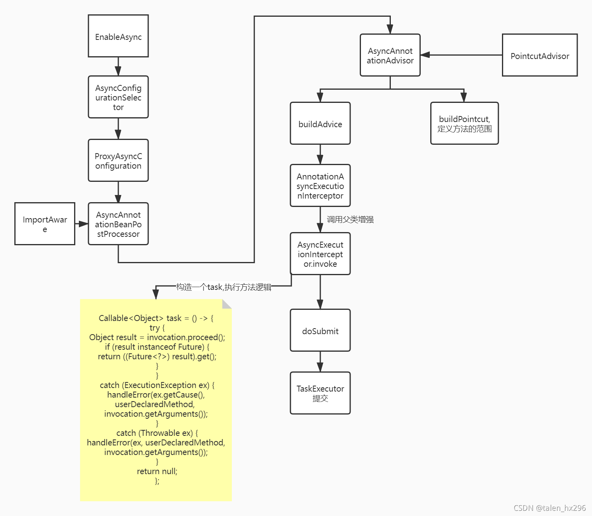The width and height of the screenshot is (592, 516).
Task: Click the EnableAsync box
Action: click(118, 36)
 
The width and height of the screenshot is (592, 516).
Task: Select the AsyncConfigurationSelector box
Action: click(118, 97)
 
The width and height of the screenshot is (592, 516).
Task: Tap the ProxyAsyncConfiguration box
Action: click(118, 160)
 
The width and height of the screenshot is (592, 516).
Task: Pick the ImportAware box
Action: click(45, 224)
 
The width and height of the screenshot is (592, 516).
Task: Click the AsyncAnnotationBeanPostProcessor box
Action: click(118, 224)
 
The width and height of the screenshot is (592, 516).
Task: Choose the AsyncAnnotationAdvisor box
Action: click(390, 55)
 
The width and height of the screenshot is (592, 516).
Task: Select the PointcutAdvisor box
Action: click(540, 55)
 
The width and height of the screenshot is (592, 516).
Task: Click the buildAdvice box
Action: click(320, 123)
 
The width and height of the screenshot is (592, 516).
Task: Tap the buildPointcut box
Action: click(465, 123)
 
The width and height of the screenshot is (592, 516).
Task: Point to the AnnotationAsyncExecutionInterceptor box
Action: click(320, 185)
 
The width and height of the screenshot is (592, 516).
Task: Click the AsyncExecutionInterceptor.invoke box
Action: click(320, 254)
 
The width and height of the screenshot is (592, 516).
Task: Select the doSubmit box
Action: click(320, 331)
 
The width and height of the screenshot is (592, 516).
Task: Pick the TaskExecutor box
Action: click(320, 393)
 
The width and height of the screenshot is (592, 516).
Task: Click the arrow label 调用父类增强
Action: click(350, 219)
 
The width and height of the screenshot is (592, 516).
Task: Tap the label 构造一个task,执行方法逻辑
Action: click(223, 287)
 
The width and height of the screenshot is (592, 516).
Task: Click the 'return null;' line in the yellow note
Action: click(157, 471)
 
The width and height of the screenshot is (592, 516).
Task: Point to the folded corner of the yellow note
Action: click(226, 304)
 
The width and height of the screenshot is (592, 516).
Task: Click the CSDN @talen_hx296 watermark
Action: click(549, 508)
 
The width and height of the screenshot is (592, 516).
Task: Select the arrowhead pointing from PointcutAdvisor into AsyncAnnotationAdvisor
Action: click(425, 55)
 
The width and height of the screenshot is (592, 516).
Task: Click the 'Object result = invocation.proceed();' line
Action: click(157, 337)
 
